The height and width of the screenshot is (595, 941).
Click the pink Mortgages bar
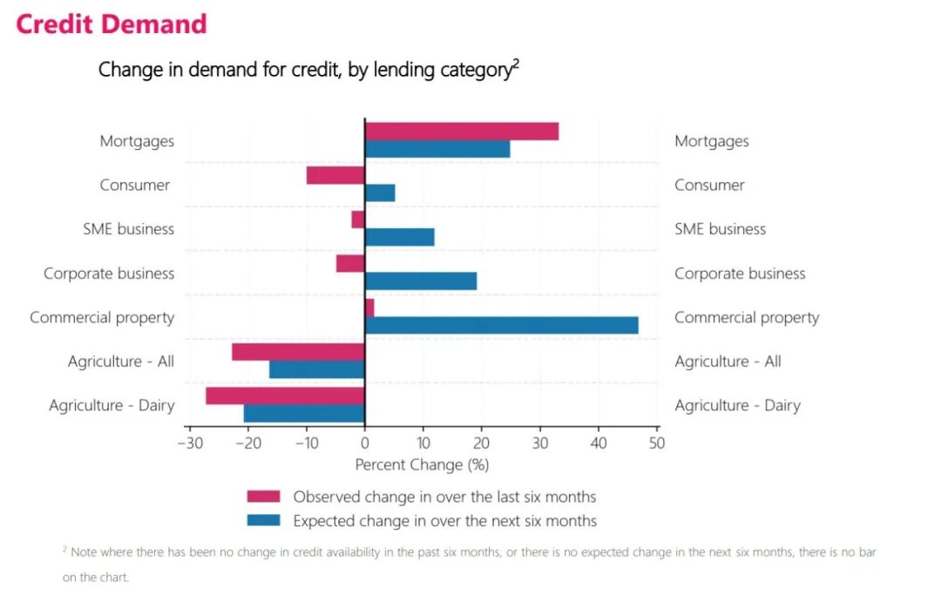coord(462,132)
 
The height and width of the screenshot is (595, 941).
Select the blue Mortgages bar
coord(437,149)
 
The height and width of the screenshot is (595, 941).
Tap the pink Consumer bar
coord(335,176)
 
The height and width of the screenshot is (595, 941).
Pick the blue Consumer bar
coord(380,193)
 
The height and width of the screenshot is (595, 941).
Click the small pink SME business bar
coord(358,220)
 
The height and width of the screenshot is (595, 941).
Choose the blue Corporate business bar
coord(421,281)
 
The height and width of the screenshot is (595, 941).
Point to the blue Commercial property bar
coord(502,325)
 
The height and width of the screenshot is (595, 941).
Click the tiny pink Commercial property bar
coord(369,308)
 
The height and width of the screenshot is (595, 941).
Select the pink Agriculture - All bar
coord(298,352)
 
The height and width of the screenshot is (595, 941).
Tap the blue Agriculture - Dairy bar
coord(304,414)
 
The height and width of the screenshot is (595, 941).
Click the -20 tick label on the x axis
coord(249,443)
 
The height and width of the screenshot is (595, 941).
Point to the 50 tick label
coord(657,443)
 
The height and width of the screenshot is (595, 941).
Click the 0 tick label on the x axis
coord(365,443)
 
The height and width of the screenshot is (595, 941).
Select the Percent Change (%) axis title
coord(422,465)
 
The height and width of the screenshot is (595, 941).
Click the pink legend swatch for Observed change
coord(263,497)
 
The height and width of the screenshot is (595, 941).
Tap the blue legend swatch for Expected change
coord(263,520)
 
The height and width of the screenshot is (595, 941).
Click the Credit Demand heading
coord(111,24)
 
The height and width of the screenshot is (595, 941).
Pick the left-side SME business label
coord(128,229)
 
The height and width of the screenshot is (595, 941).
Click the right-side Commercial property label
coord(747,318)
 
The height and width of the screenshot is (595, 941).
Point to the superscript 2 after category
coord(516,64)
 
